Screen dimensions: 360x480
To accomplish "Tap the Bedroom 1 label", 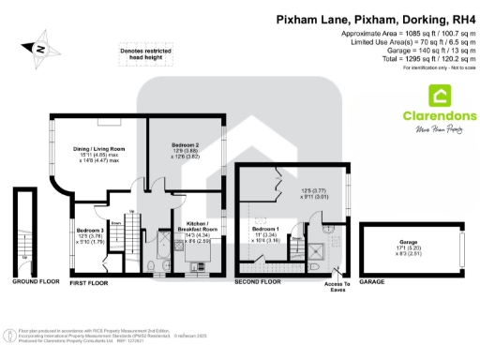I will [x=264, y=230].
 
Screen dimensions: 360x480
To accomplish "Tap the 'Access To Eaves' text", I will [x=337, y=286].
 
